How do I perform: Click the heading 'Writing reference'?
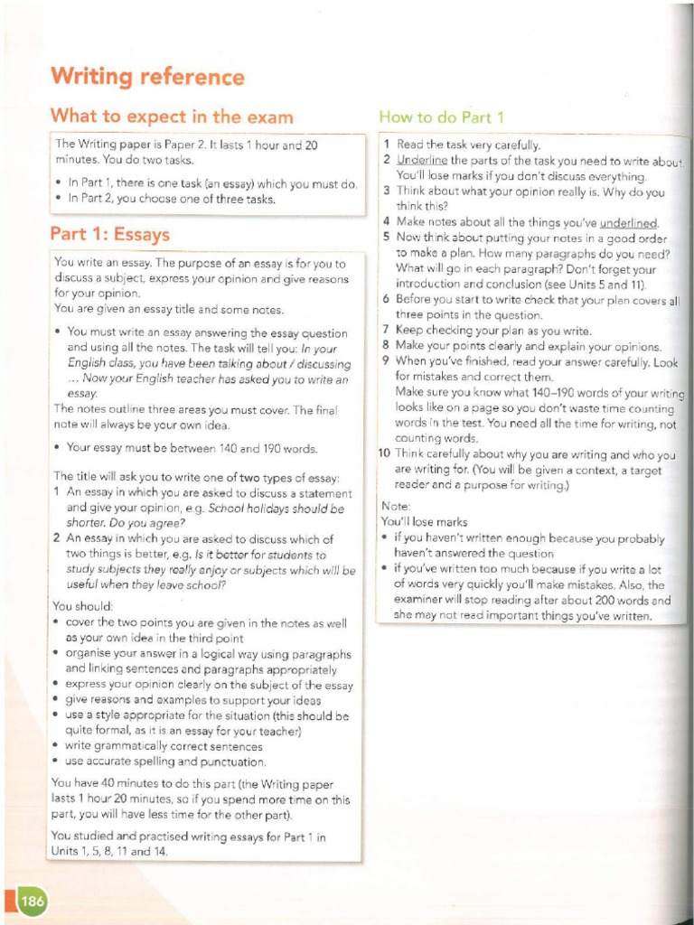[146, 77]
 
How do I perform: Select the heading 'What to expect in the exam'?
[172, 116]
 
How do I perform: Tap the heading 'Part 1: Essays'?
[109, 235]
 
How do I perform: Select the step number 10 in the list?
[383, 455]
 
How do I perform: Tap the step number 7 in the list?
[386, 331]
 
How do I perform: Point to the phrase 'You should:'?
[82, 606]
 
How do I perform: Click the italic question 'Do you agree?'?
[145, 522]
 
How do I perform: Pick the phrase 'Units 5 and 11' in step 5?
[614, 284]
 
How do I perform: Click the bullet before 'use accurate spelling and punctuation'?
[57, 761]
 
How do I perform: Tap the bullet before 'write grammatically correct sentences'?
[57, 747]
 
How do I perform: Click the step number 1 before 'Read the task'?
[387, 145]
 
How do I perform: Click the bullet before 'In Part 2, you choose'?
[59, 199]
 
